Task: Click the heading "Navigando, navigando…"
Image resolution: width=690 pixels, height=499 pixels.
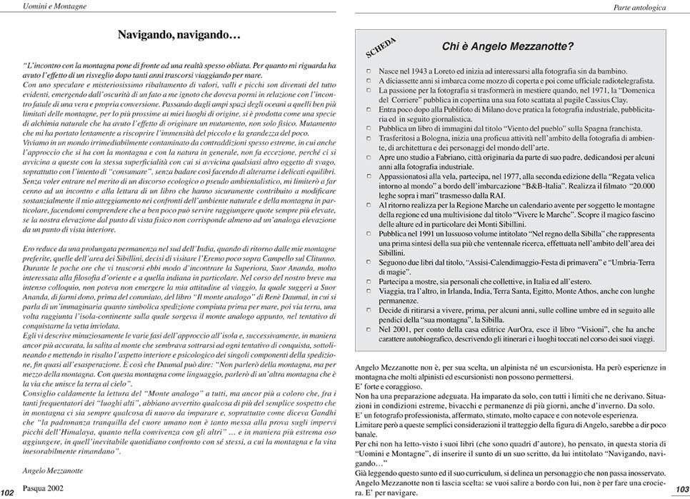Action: tap(178, 34)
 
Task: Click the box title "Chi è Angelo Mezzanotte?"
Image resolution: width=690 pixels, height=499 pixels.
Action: tap(508, 47)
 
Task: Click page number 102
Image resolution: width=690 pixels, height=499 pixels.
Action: tap(9, 491)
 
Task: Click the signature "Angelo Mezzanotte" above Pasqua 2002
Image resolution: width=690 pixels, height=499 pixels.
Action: tap(54, 472)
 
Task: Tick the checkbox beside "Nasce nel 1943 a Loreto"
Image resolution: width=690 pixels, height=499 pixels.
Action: tap(369, 71)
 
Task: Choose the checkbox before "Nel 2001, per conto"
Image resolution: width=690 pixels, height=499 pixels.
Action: tap(369, 331)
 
